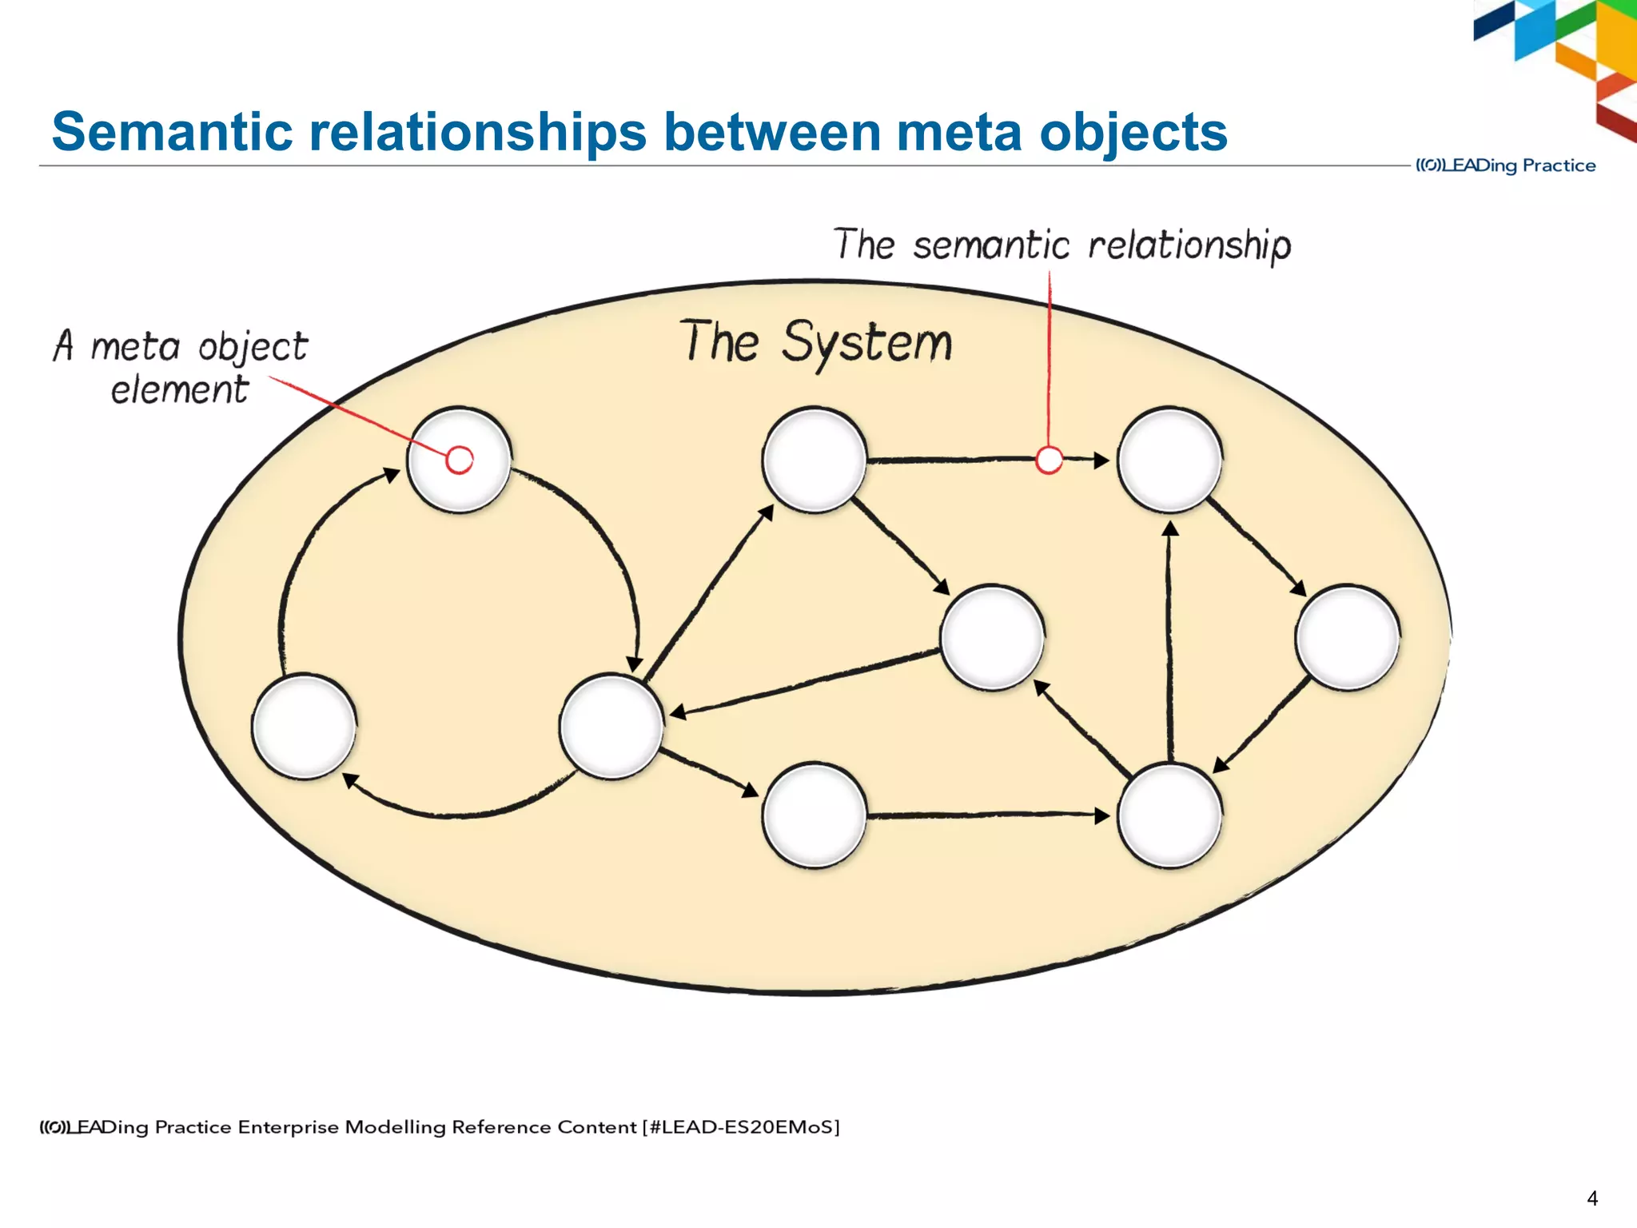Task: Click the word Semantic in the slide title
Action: [171, 132]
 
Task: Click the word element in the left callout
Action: [180, 391]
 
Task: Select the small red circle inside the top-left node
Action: [460, 460]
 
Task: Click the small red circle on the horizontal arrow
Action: [1049, 460]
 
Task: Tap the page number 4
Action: [1591, 1198]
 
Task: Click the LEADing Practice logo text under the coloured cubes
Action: [1506, 165]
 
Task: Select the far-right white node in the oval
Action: [1348, 637]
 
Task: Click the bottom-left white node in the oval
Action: [304, 726]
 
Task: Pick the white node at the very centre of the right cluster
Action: [992, 637]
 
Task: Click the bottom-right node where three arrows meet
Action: [1169, 815]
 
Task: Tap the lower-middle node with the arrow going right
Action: [815, 815]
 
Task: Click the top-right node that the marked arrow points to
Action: [1169, 460]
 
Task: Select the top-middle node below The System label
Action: [815, 460]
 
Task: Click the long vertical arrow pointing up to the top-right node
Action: [1169, 640]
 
